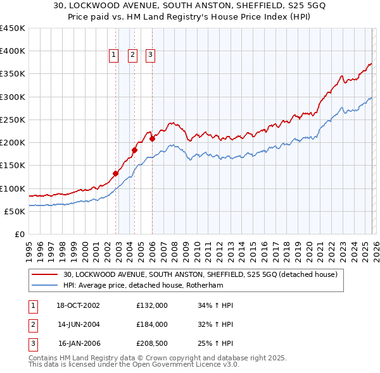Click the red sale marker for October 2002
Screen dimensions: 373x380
(x=116, y=173)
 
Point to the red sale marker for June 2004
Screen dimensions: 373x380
(x=134, y=150)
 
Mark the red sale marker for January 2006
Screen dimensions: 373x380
(x=152, y=138)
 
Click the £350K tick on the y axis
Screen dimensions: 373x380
(x=13, y=74)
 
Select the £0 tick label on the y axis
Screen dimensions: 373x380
(x=19, y=234)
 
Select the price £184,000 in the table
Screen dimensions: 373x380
(x=151, y=324)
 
